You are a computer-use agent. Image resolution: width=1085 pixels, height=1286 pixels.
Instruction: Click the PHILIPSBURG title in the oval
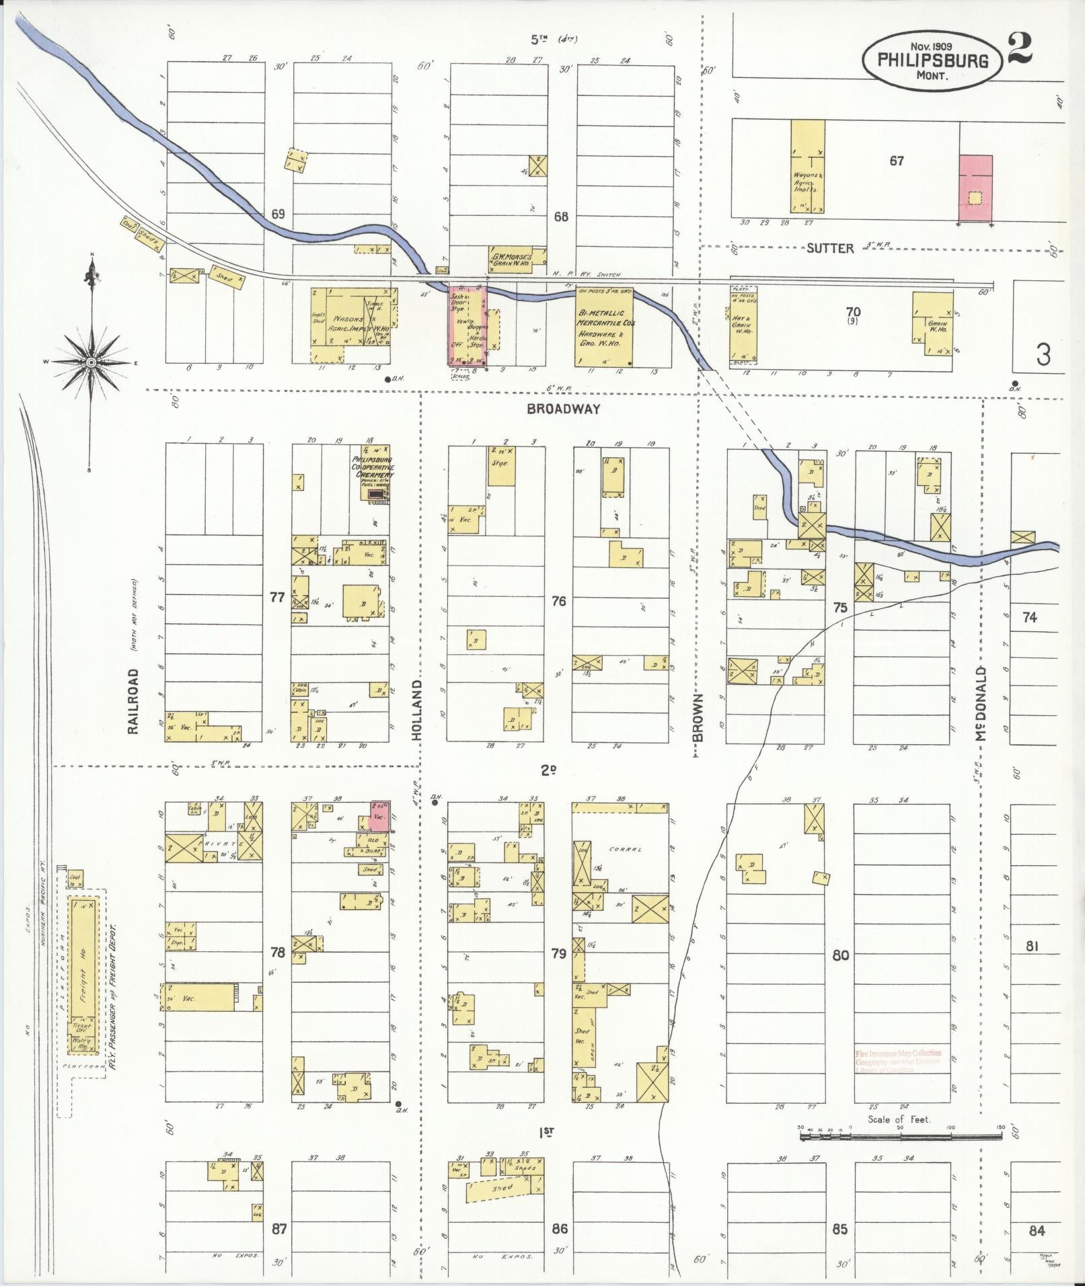click(933, 61)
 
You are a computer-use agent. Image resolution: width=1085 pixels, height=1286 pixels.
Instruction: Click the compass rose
click(90, 362)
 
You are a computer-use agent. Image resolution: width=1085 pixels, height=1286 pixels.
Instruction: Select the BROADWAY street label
click(563, 409)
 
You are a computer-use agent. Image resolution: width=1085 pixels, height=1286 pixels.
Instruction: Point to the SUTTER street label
click(830, 248)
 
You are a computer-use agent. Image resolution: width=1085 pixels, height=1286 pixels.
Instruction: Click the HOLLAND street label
click(417, 710)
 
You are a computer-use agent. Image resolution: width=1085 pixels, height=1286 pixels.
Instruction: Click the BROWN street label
click(698, 718)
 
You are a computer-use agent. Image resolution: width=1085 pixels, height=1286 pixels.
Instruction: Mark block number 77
click(277, 596)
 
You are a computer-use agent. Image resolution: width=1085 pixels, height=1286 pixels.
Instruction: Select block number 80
click(841, 955)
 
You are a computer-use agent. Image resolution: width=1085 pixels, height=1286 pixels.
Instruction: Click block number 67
click(896, 161)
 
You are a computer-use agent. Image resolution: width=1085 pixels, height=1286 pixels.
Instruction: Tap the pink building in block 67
click(975, 188)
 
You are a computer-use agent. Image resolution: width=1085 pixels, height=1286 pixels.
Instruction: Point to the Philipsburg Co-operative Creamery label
click(373, 467)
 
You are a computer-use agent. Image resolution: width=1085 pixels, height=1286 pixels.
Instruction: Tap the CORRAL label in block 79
click(622, 849)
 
